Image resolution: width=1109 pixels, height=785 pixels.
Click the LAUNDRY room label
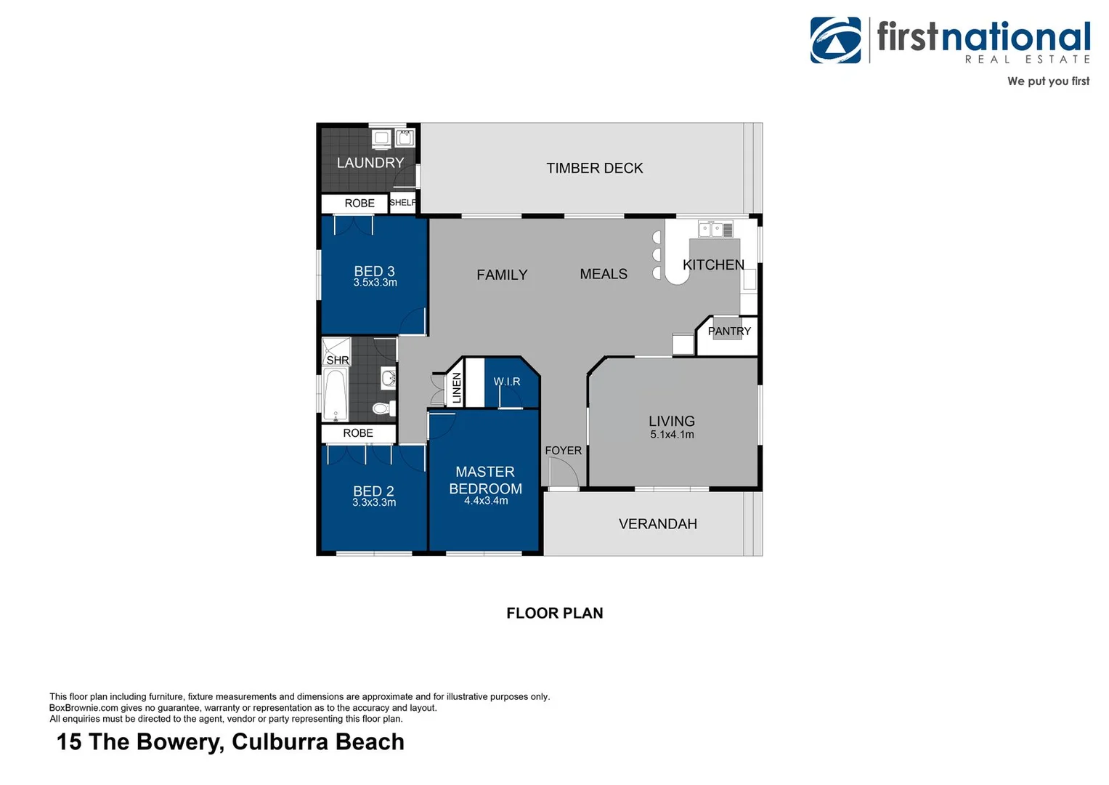[370, 163]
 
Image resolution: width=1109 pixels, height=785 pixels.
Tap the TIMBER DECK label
[594, 168]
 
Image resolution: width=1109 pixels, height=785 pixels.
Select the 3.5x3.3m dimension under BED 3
[375, 283]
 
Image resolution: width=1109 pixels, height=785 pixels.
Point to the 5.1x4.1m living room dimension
[672, 435]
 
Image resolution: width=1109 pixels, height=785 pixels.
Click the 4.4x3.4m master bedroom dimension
[486, 501]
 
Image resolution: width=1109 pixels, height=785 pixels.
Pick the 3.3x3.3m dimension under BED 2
[374, 502]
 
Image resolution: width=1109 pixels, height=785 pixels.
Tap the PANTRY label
[729, 331]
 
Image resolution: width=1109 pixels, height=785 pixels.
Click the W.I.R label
[507, 382]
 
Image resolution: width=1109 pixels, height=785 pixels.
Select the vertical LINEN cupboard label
[457, 388]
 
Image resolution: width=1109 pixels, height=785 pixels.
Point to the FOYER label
[563, 451]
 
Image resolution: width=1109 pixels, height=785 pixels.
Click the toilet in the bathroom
[383, 408]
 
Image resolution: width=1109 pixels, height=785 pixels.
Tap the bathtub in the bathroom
[335, 395]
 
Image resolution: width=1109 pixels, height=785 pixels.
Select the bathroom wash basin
[389, 378]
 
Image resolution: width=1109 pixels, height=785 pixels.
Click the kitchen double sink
[710, 230]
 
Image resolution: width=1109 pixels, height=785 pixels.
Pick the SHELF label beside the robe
[403, 203]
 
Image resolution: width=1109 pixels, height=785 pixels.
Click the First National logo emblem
[835, 41]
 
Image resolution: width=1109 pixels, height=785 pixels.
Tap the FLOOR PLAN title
[554, 613]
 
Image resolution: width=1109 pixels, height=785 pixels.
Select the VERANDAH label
[657, 524]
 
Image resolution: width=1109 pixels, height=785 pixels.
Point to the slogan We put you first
[1047, 81]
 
